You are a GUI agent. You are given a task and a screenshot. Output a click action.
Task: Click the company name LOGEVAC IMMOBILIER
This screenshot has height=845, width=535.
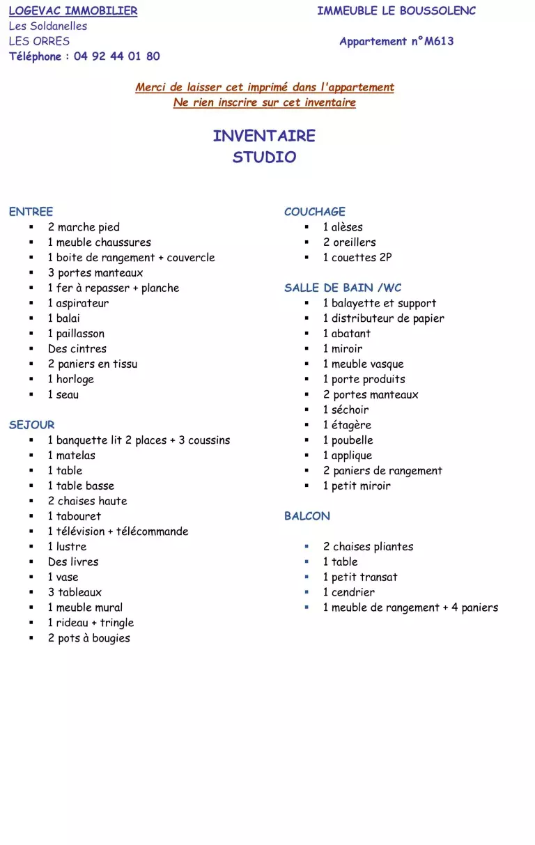(x=73, y=11)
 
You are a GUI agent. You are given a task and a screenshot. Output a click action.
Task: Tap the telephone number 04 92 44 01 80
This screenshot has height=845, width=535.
(x=116, y=56)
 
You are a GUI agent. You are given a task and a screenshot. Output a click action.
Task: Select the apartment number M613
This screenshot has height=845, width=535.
(x=439, y=41)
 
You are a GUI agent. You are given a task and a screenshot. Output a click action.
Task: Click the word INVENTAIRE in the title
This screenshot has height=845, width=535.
(x=264, y=136)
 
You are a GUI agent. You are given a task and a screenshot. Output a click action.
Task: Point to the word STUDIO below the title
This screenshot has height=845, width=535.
(x=264, y=157)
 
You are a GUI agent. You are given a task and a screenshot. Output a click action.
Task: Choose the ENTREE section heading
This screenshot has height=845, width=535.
(x=31, y=212)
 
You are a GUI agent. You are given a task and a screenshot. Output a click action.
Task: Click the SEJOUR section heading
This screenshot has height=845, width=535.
(x=31, y=425)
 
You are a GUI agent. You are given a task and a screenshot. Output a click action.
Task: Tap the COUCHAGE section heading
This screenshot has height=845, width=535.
(x=314, y=212)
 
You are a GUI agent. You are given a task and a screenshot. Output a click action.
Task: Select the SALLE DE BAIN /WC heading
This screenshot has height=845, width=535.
(x=342, y=288)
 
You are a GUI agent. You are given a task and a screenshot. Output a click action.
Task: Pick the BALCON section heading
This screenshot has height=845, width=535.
(x=307, y=516)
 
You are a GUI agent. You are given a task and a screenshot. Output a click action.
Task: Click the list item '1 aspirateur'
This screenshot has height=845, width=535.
(x=78, y=303)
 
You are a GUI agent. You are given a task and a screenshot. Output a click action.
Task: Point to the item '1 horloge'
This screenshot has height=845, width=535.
(x=70, y=379)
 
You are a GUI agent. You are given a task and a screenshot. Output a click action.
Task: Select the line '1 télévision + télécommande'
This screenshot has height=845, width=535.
(x=118, y=532)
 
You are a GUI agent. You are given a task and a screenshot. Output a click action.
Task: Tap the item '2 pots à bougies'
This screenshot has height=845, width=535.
(x=88, y=638)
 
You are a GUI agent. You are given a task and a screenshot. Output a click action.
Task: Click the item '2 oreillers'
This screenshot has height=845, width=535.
(x=349, y=242)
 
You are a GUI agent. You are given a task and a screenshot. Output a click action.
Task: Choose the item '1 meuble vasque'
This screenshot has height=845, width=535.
(x=363, y=364)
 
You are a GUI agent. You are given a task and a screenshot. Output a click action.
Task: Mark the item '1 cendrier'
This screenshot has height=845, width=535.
(x=348, y=592)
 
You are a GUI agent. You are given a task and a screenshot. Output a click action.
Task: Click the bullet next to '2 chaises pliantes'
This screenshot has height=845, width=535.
(x=307, y=547)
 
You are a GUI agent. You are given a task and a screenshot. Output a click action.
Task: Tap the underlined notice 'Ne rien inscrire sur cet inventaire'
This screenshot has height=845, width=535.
(x=264, y=102)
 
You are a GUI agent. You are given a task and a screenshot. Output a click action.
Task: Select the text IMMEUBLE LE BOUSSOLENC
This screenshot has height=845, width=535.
(x=396, y=11)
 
